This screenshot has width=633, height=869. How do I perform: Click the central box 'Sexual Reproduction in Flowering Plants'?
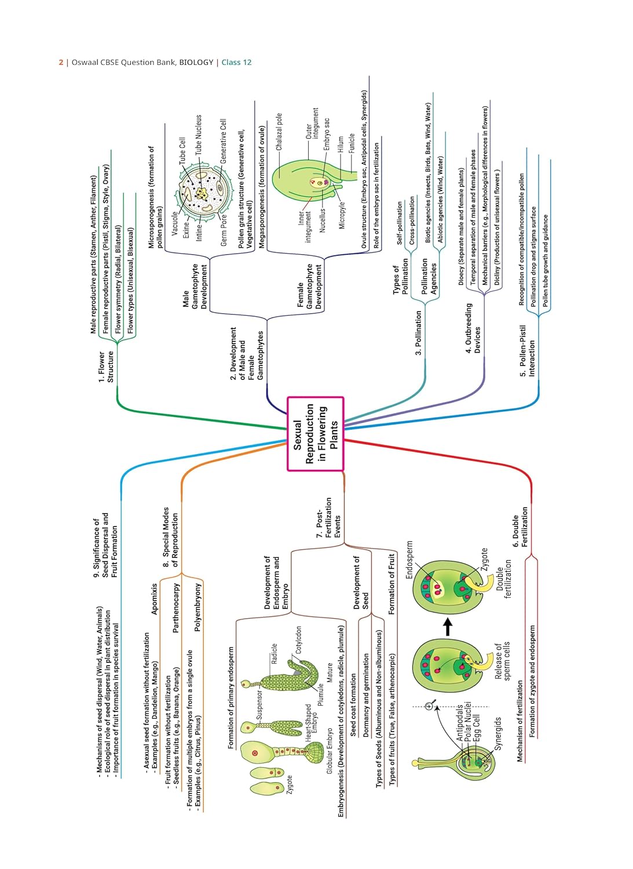point(316,433)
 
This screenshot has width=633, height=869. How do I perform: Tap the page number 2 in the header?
point(61,63)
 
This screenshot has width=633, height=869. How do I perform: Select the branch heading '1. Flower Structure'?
point(105,366)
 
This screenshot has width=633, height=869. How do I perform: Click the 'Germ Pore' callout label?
point(224,230)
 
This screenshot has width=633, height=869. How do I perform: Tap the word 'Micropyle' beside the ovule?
point(342,215)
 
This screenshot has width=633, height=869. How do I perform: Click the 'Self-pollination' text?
point(400,223)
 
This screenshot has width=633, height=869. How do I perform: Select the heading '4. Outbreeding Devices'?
point(473,328)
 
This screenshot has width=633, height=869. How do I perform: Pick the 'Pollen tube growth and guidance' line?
point(545,261)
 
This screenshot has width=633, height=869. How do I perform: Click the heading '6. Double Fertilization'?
point(520,527)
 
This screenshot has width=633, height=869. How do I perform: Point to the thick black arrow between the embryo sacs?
point(447,626)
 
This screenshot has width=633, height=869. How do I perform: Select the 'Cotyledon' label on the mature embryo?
point(299,640)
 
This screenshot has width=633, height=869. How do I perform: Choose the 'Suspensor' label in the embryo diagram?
point(259,704)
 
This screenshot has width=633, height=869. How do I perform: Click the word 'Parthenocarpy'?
point(176,607)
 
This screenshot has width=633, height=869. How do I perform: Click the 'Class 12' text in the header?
point(236,63)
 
